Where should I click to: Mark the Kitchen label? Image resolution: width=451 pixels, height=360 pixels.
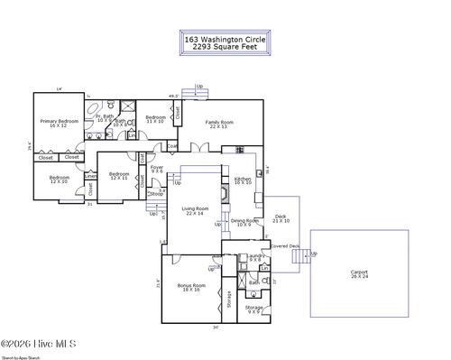tap(243, 181)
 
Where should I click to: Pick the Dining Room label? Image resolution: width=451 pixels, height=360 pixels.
tap(244, 222)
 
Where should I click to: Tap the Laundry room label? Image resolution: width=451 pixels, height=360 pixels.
tap(254, 258)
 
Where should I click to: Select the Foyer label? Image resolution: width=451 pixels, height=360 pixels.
tap(157, 168)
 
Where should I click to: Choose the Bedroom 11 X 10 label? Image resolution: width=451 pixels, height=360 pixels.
tap(156, 118)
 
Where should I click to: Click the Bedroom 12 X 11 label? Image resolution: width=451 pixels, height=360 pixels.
tap(119, 176)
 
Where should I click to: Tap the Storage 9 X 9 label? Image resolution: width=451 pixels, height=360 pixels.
tap(254, 309)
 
